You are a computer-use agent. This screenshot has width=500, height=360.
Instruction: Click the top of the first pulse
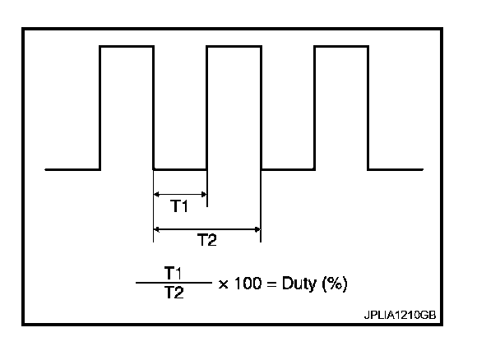tap(127, 47)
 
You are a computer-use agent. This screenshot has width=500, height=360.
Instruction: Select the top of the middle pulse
tap(234, 47)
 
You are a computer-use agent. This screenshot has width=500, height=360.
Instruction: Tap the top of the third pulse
tap(340, 47)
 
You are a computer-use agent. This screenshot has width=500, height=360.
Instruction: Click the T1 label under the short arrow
tap(180, 206)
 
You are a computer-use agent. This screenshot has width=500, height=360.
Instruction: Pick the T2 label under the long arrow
tap(207, 240)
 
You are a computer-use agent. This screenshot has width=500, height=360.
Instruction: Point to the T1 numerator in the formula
tap(173, 272)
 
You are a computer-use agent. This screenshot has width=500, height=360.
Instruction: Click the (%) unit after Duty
tap(335, 284)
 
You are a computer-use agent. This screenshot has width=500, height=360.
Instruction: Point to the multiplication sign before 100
tap(224, 284)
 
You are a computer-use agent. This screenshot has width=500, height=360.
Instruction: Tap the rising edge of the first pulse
tap(100, 107)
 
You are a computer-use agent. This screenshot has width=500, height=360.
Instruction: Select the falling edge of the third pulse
tap(368, 107)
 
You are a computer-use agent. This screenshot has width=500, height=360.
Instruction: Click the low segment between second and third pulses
tap(288, 170)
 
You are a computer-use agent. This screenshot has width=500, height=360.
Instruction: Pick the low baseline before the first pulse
tap(72, 170)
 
